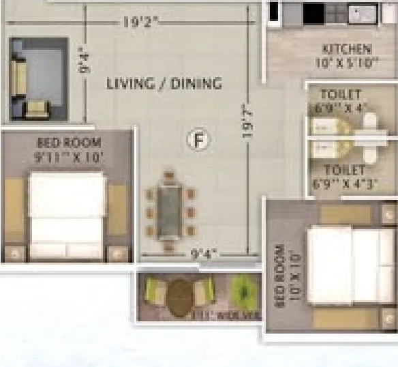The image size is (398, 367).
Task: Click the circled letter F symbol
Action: tap(198, 141)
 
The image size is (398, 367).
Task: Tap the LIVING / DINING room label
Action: tap(164, 84)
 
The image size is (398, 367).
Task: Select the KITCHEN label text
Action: tap(347, 49)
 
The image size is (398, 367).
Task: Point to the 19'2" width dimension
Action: tap(140, 22)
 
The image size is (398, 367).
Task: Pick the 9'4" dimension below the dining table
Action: tap(202, 254)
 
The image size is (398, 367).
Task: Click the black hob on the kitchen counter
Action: tap(313, 12)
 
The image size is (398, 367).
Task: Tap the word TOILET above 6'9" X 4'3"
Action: tap(345, 170)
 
